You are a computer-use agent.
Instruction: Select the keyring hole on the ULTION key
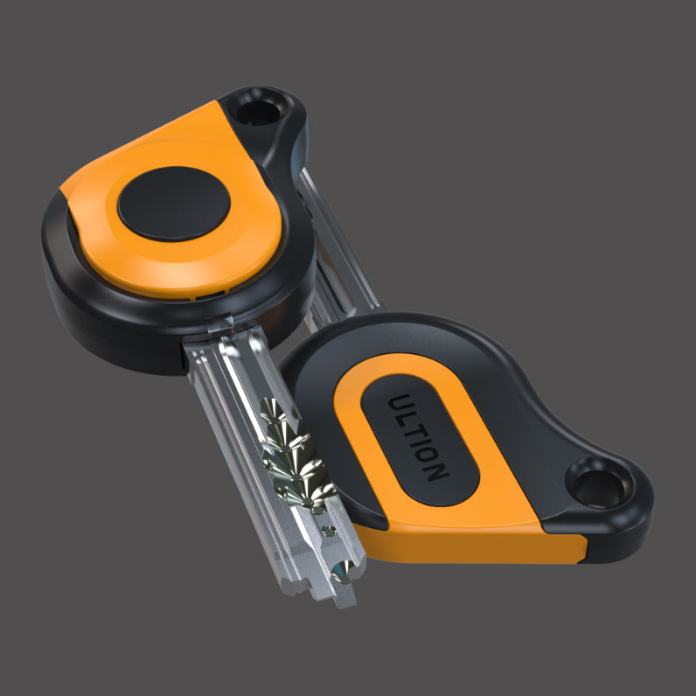click(598, 487)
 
